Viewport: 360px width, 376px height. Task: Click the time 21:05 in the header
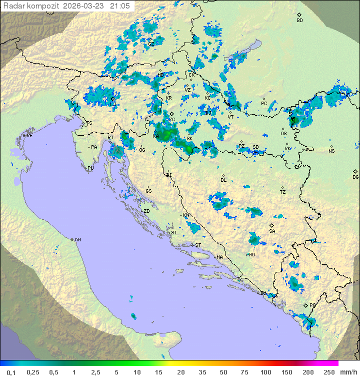(120, 6)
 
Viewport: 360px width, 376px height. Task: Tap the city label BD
(299, 21)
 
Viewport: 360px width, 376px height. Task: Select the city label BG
(355, 177)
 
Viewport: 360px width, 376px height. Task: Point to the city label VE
(29, 136)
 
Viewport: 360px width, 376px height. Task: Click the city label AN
(77, 240)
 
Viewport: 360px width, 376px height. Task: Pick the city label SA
(272, 231)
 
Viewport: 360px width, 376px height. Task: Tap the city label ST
(198, 245)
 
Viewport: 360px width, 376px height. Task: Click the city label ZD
(146, 211)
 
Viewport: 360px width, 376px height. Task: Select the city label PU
(90, 168)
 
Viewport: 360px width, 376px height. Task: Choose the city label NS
(331, 151)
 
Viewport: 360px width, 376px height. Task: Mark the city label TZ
(282, 192)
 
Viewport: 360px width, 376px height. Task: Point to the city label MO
(252, 255)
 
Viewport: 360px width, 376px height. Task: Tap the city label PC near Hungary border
(264, 104)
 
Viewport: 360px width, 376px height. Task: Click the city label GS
(148, 191)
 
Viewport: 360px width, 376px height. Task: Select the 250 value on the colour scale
(329, 372)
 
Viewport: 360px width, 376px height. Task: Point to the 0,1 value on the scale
(11, 372)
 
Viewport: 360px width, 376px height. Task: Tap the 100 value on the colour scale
(265, 372)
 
